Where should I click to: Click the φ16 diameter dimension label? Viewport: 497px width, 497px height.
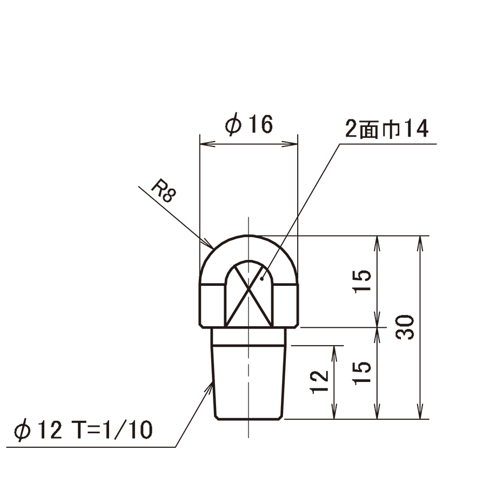click(249, 125)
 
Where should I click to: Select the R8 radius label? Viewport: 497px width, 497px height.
click(163, 191)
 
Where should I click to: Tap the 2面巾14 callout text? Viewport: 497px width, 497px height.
click(387, 129)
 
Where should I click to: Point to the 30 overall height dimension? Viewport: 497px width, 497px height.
click(405, 327)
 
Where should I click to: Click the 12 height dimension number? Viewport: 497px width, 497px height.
click(319, 382)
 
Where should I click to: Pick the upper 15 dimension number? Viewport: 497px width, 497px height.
click(362, 281)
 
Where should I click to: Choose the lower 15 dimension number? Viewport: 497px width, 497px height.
click(362, 373)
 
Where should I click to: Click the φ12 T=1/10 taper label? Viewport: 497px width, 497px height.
click(83, 430)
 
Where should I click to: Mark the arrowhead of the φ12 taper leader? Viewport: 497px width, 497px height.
click(209, 387)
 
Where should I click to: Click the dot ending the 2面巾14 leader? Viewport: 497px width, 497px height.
click(261, 279)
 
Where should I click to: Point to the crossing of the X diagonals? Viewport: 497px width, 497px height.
click(249, 288)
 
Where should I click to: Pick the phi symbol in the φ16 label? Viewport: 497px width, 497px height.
click(233, 125)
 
